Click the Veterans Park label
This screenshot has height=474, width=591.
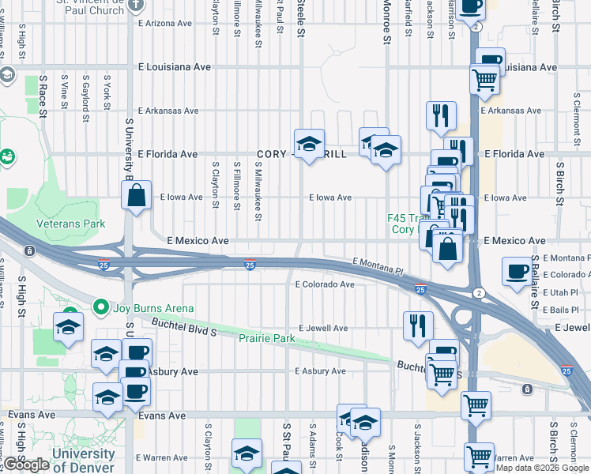point(71,224)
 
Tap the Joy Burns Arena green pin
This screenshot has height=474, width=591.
point(100,306)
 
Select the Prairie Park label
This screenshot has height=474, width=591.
point(266,339)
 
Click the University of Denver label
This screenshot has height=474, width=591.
point(83,460)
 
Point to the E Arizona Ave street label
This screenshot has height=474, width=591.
point(165,24)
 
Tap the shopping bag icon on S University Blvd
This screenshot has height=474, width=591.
point(136,196)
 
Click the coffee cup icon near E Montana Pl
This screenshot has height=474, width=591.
point(517,272)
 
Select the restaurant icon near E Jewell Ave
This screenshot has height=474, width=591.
point(418,325)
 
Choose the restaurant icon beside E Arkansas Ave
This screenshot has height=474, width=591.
point(441,115)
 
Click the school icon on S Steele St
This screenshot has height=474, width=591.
point(310,144)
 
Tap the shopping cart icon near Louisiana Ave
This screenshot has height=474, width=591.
point(484,78)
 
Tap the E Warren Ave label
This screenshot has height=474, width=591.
point(164,458)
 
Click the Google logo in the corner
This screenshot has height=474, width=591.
point(27,465)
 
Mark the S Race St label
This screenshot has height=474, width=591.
point(44,98)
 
